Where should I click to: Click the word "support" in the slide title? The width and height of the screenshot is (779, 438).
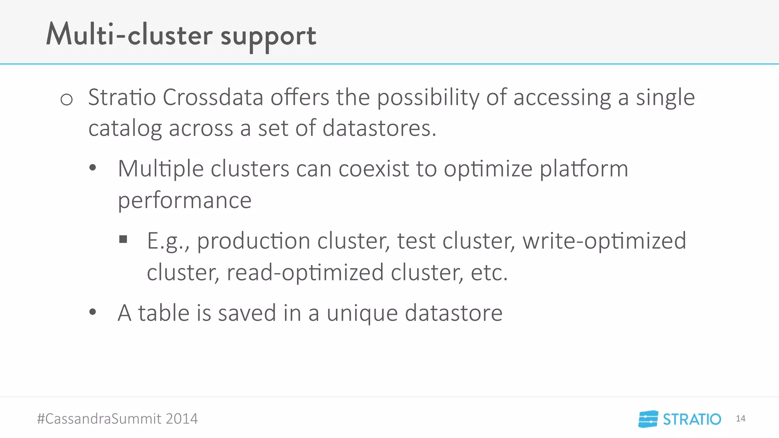268,36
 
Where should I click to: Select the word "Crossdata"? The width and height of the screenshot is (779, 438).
213,97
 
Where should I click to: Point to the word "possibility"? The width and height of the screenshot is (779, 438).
428,98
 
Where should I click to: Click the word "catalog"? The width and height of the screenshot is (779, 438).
125,129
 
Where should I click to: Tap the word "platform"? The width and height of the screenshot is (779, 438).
584,169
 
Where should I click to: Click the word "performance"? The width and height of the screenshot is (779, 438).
184,200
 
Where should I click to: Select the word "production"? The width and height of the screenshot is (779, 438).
254,241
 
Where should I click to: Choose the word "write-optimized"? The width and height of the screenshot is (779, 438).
604,241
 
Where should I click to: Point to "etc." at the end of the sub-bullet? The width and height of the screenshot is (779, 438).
489,273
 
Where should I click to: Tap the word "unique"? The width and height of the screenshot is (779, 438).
362,313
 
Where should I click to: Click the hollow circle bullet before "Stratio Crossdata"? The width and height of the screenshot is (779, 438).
67,100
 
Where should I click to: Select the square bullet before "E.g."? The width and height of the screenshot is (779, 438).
123,239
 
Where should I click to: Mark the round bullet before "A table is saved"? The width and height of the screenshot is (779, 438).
92,312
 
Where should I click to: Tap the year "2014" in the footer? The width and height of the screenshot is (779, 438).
181,419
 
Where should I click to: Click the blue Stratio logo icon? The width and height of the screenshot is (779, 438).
648,419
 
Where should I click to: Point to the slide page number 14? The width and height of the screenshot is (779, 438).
740,419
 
